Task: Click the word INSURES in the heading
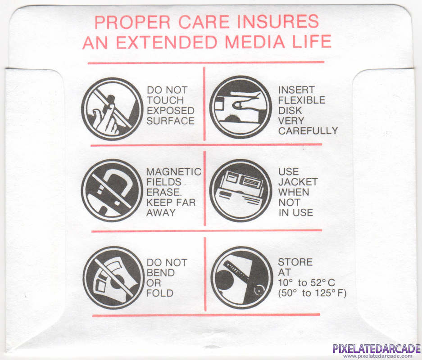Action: (278, 22)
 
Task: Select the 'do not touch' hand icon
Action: (112, 109)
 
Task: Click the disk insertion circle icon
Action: (240, 107)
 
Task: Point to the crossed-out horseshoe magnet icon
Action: (112, 190)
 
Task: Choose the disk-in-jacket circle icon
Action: (240, 191)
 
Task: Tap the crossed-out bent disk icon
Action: (113, 278)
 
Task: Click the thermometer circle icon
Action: (242, 278)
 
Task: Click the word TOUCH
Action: (165, 100)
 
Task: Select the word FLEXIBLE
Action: (302, 100)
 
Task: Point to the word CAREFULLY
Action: (308, 131)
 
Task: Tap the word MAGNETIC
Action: (174, 171)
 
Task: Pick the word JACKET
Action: (298, 182)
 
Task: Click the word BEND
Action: (161, 273)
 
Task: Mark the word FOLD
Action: (160, 293)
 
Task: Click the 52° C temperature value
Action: (322, 283)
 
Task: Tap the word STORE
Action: (295, 262)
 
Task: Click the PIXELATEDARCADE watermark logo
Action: (377, 349)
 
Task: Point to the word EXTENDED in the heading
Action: (167, 42)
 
